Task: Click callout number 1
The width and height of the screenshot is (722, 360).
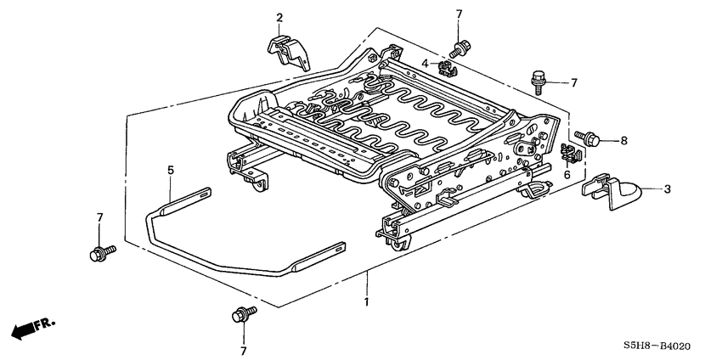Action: click(x=366, y=302)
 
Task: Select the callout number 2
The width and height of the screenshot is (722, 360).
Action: click(x=279, y=17)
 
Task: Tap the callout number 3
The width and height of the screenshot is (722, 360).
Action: click(x=666, y=189)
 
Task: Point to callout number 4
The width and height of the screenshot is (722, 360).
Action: click(x=425, y=64)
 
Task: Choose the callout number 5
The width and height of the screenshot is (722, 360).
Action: click(x=170, y=171)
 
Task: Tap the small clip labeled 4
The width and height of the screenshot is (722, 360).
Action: click(x=442, y=65)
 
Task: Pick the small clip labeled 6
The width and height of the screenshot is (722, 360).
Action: click(x=572, y=155)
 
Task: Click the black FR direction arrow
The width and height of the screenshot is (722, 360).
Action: click(x=26, y=329)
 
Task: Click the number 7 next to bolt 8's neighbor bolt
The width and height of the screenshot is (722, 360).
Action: click(x=573, y=82)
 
